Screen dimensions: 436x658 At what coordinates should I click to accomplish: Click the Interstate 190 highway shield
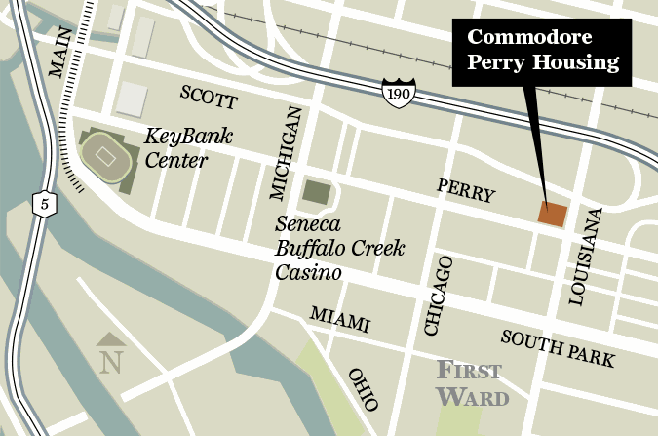click(x=397, y=90)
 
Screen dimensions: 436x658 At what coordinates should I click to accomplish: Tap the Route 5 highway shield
click(x=41, y=203)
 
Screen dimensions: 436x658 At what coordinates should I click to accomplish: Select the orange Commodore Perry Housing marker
click(x=552, y=215)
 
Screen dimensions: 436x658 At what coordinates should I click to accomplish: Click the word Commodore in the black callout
click(x=529, y=39)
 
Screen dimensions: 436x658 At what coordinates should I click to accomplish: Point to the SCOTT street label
click(x=209, y=97)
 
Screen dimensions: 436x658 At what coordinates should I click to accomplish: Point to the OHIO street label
click(x=363, y=389)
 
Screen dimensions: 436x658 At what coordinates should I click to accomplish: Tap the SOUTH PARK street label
click(x=558, y=348)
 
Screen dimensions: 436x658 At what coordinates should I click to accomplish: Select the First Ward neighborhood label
click(x=471, y=383)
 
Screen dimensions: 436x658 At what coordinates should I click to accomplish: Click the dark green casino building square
click(x=316, y=192)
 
